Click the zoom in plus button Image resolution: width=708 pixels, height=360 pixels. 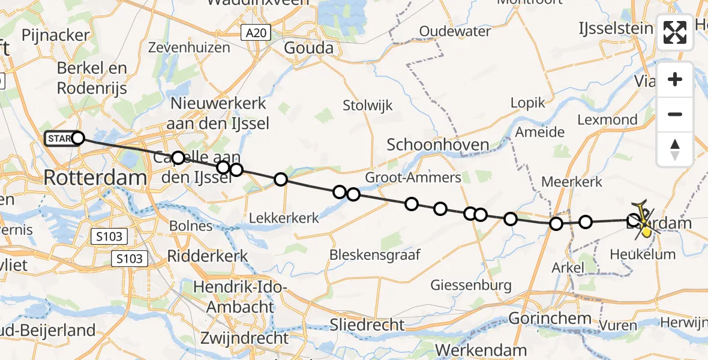pyautogui.click(x=675, y=80)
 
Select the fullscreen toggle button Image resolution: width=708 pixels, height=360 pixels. pyautogui.click(x=675, y=32)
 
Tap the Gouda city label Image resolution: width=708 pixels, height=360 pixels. pyautogui.click(x=308, y=47)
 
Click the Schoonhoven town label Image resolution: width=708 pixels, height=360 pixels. pyautogui.click(x=438, y=145)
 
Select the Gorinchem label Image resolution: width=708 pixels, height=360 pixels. pyautogui.click(x=550, y=318)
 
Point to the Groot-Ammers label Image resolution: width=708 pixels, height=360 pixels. pyautogui.click(x=413, y=177)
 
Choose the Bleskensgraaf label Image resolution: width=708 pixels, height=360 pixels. pyautogui.click(x=374, y=254)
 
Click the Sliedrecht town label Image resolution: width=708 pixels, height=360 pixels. pyautogui.click(x=367, y=325)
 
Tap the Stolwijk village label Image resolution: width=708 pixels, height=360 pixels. pyautogui.click(x=368, y=106)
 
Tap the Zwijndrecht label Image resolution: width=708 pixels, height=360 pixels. pyautogui.click(x=244, y=337)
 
